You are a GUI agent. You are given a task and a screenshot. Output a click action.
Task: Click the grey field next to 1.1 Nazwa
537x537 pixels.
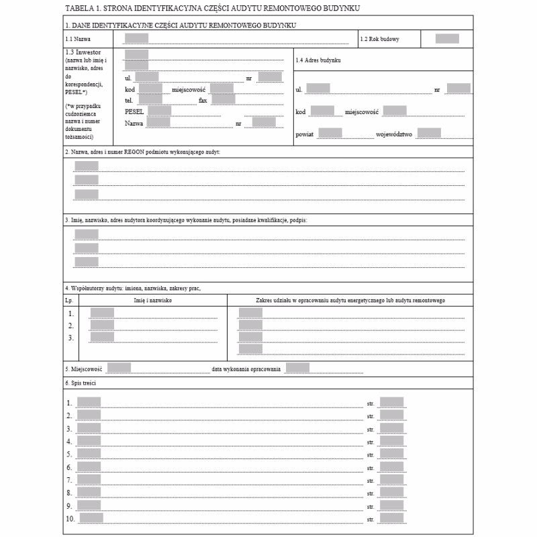click(x=136, y=38)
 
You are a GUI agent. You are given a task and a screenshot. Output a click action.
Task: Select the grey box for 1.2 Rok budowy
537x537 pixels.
click(x=447, y=38)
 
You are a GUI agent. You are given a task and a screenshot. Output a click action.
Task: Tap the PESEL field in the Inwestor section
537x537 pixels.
click(x=160, y=111)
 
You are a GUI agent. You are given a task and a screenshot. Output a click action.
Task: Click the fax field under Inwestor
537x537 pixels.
click(x=224, y=99)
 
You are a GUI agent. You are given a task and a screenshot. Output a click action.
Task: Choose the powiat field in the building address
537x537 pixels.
click(x=330, y=133)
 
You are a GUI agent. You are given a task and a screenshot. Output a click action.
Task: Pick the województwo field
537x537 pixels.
click(x=429, y=133)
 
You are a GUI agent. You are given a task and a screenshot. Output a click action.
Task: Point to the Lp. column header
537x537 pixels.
click(x=70, y=300)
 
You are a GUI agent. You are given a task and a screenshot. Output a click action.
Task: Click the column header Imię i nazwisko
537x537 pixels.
click(x=154, y=300)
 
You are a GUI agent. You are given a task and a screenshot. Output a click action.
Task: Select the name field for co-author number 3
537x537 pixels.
click(x=102, y=337)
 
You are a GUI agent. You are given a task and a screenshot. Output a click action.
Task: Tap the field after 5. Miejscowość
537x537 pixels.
click(x=119, y=367)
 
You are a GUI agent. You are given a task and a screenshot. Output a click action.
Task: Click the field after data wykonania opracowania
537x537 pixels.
click(x=297, y=367)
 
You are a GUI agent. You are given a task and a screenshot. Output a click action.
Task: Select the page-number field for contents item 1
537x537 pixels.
click(x=391, y=402)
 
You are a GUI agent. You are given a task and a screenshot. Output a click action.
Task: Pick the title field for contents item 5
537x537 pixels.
click(x=89, y=454)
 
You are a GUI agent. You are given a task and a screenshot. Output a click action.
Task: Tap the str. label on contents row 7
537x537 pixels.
click(x=371, y=481)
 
